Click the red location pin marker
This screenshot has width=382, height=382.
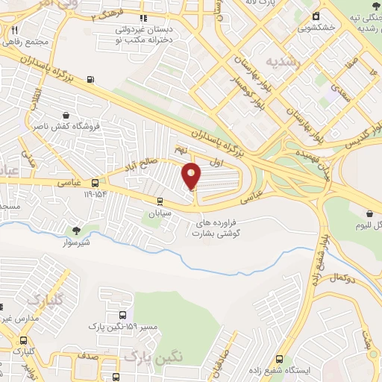coord(192,175)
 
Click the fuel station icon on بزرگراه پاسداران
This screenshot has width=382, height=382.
coord(91,79)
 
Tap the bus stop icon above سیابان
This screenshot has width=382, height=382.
coord(160,200)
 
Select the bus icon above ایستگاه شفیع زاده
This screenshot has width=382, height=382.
coord(280,358)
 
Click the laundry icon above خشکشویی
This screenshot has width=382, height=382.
coord(316,16)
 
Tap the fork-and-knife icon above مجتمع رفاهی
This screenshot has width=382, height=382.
coord(15,30)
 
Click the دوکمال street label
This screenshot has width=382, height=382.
coord(340,277)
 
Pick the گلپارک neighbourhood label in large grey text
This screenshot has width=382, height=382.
coord(42,300)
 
